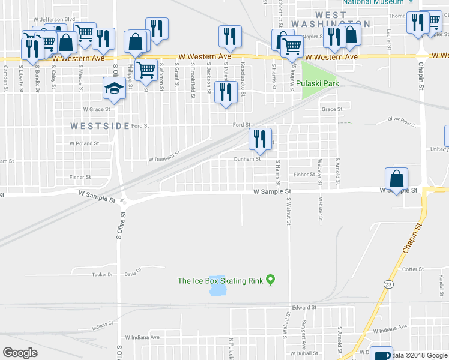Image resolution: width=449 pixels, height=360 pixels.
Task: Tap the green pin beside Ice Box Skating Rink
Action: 271,279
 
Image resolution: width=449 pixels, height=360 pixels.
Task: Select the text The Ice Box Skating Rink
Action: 220,280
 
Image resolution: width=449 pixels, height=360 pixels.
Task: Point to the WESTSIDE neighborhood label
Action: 100,126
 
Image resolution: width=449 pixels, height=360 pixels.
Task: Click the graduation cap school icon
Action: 113,88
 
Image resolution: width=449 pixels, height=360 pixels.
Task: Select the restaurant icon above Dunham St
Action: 260,139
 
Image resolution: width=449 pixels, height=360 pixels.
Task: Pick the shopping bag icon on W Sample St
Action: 397,178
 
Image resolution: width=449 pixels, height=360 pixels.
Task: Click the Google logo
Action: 20,353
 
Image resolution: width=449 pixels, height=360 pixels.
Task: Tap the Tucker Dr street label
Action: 102,274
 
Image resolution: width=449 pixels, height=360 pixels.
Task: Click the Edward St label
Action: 304,307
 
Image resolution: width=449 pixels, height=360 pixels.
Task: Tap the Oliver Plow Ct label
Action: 402,122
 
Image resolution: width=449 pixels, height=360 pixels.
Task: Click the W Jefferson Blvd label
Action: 54,19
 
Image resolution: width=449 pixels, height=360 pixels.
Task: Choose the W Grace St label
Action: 97,109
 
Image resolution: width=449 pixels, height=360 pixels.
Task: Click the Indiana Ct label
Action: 103,327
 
